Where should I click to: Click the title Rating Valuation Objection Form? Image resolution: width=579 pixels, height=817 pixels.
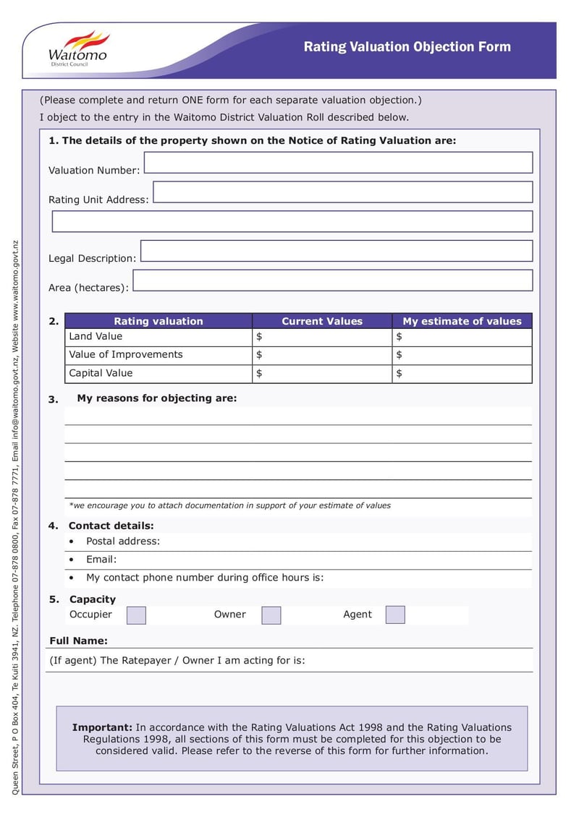(x=407, y=47)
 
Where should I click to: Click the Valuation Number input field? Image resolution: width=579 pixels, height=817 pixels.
(x=338, y=163)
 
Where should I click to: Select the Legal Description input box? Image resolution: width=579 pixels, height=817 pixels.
(x=337, y=251)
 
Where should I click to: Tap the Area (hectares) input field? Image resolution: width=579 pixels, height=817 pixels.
(x=333, y=281)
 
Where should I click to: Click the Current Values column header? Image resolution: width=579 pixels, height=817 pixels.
(x=322, y=321)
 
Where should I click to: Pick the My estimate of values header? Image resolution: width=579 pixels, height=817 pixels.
(x=462, y=321)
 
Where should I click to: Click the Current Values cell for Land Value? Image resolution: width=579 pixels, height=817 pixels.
(x=322, y=337)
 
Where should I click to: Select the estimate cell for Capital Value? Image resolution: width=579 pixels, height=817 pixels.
(x=462, y=374)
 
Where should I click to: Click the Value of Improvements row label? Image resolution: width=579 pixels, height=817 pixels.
(x=125, y=355)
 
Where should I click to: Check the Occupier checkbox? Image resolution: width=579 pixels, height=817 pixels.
(x=136, y=615)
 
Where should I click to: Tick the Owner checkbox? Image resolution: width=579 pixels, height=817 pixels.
(x=271, y=615)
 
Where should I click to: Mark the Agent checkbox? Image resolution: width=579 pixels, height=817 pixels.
(x=395, y=615)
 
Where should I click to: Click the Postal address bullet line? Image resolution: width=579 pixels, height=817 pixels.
(x=123, y=542)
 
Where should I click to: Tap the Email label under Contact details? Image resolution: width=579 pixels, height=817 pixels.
(x=101, y=560)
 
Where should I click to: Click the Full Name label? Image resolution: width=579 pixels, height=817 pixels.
(x=78, y=641)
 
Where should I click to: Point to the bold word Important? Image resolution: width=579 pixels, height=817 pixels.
(x=102, y=727)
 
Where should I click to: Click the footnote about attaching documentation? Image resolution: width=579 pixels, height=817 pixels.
(x=229, y=506)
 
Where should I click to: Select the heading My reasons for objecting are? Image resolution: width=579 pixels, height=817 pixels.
(x=156, y=398)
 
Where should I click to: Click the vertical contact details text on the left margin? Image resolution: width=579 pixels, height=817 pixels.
(x=16, y=517)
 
